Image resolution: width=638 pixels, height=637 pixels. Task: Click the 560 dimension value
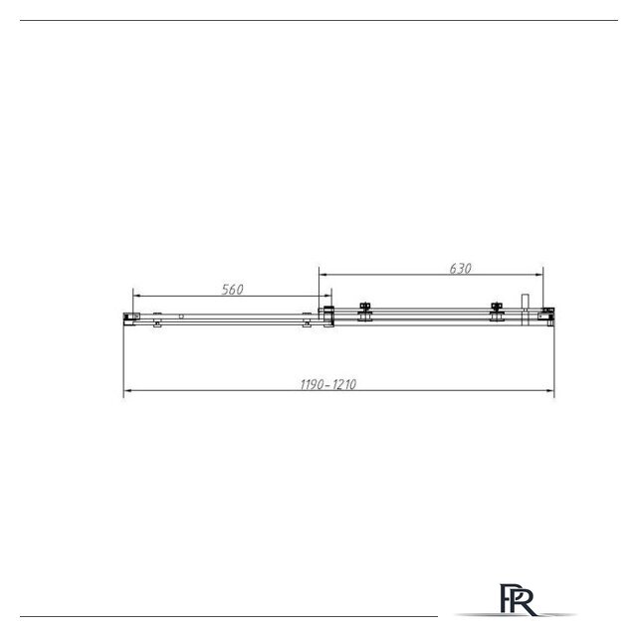(x=232, y=290)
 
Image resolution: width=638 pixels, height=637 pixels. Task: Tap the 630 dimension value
(x=460, y=269)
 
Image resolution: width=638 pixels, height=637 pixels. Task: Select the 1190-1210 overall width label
(x=327, y=384)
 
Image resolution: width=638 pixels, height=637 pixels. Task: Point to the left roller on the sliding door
(x=365, y=312)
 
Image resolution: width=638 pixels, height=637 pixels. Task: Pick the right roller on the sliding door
(x=497, y=312)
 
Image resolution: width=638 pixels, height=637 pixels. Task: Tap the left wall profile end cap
(x=131, y=318)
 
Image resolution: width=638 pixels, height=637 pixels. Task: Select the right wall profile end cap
(x=546, y=317)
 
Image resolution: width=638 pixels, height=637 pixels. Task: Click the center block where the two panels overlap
(x=328, y=317)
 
